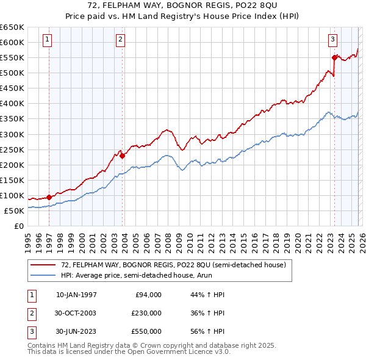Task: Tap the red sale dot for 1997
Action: click(x=49, y=197)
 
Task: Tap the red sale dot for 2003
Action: click(x=122, y=156)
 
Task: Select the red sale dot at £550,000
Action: click(x=334, y=57)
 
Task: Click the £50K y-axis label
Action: click(x=15, y=211)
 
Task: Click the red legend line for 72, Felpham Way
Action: click(x=43, y=265)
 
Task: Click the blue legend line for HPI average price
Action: click(x=43, y=276)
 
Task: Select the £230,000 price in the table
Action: click(x=146, y=313)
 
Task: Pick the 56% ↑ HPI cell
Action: click(x=207, y=331)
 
